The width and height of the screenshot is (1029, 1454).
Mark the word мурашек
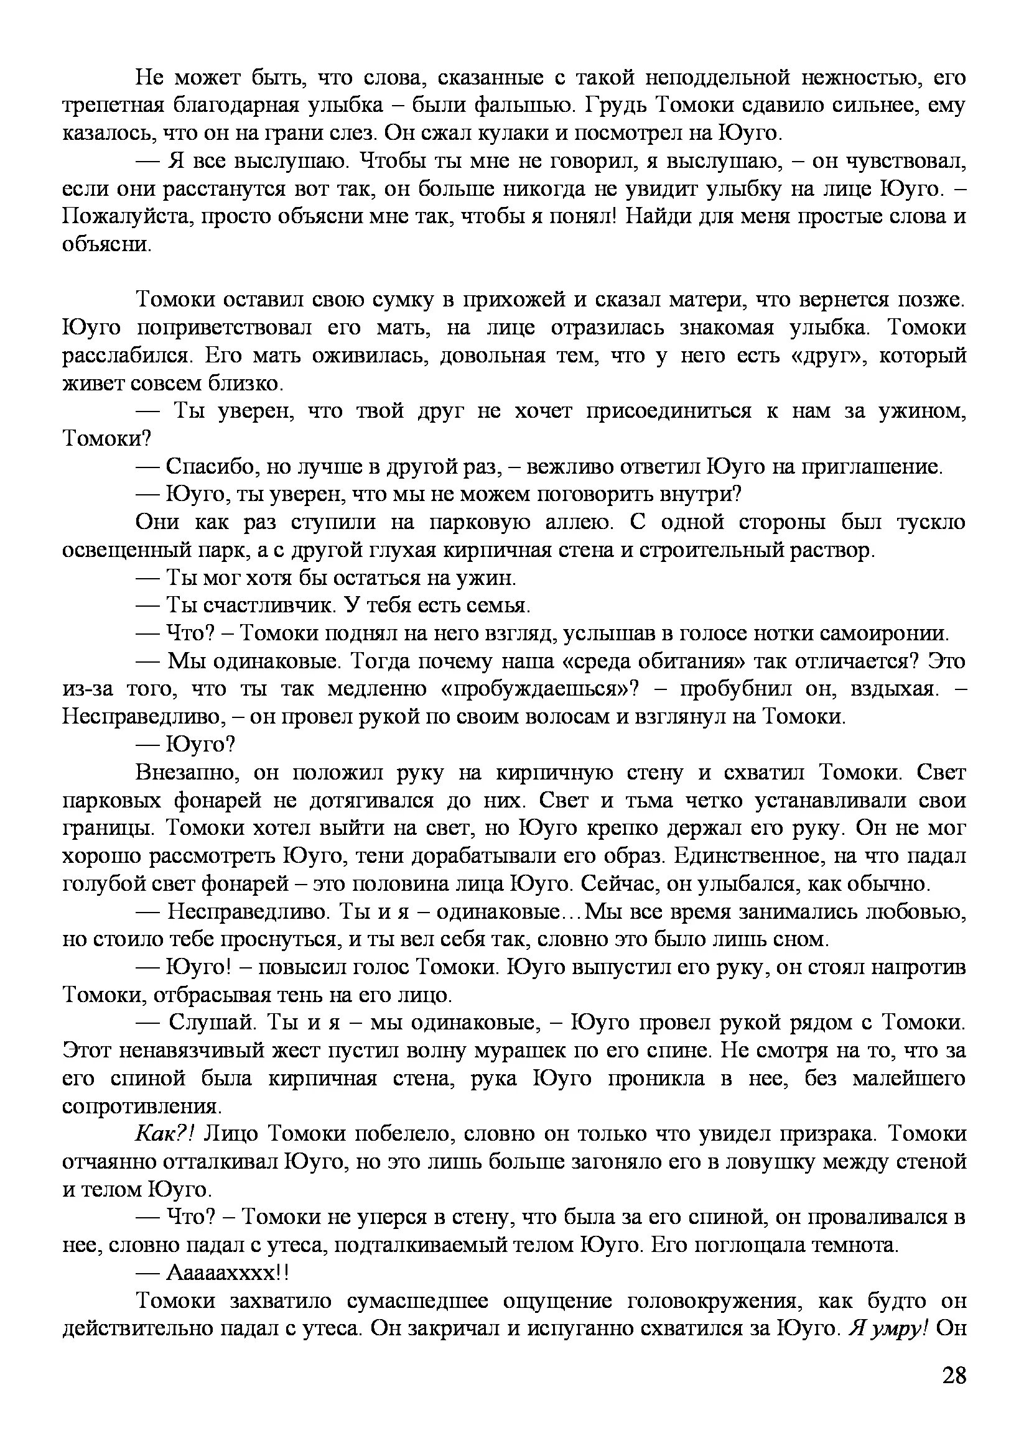[x=511, y=1051]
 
